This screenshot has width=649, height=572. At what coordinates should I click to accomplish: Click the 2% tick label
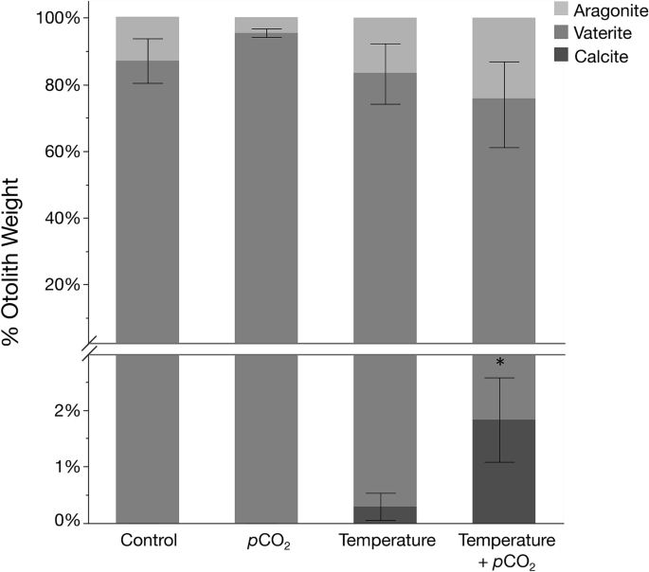pyautogui.click(x=69, y=411)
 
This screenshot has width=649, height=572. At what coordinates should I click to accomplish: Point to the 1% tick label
pyautogui.click(x=69, y=467)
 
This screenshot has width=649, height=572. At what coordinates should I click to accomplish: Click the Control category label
pyautogui.click(x=147, y=542)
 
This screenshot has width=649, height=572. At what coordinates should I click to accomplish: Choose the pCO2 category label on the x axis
pyautogui.click(x=266, y=543)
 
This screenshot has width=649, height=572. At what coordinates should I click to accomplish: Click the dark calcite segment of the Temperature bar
pyautogui.click(x=385, y=514)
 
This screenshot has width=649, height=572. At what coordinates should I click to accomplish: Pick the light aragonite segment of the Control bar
pyautogui.click(x=147, y=38)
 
